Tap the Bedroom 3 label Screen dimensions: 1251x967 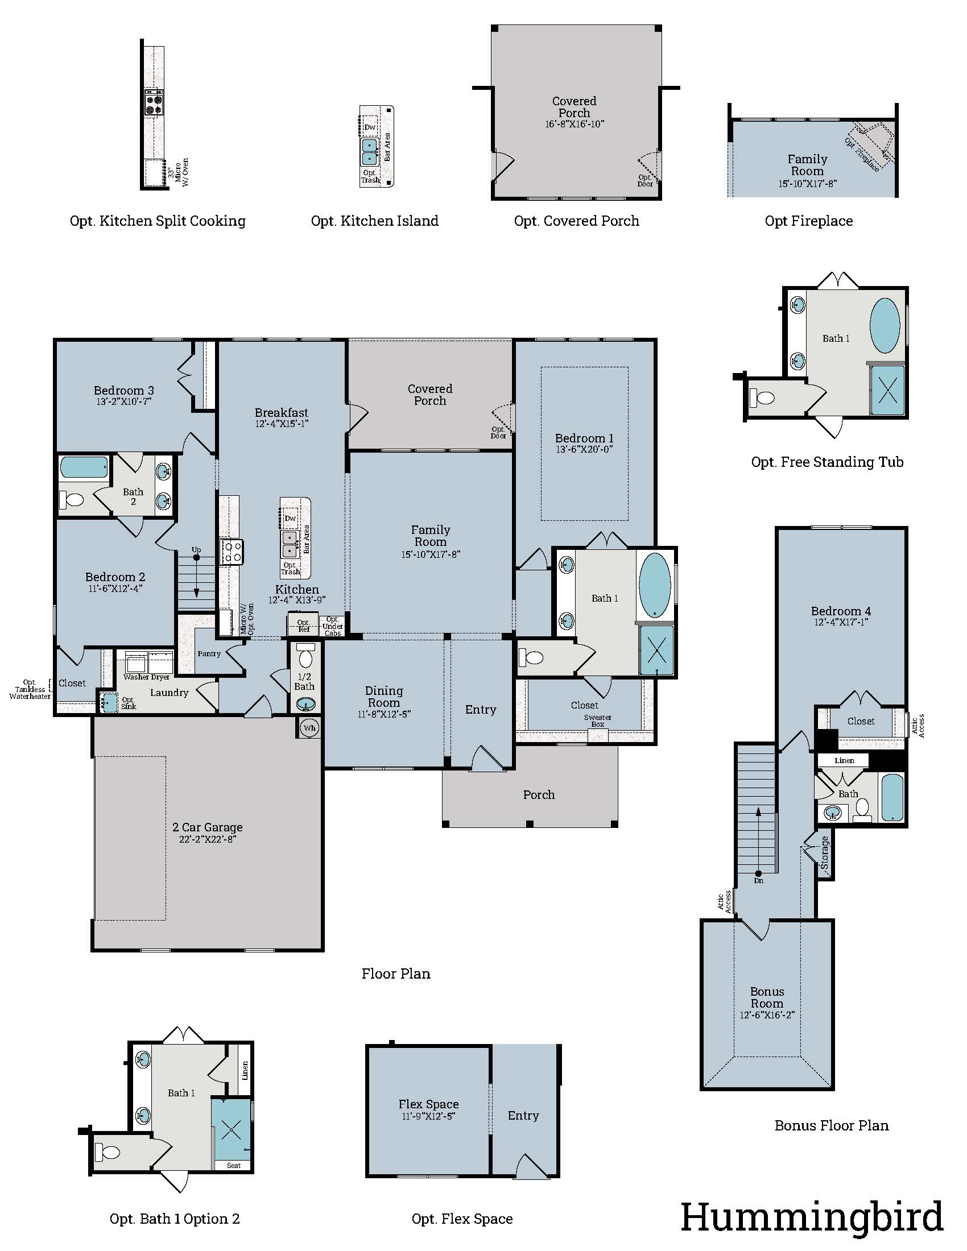[x=124, y=391]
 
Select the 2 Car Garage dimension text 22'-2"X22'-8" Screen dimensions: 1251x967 [x=208, y=839]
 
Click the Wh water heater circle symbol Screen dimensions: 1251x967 [x=309, y=728]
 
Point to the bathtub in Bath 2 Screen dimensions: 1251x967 [x=84, y=467]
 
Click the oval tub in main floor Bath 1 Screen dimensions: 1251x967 [x=654, y=585]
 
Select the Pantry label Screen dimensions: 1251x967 [x=209, y=653]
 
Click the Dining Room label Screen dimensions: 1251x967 [x=384, y=697]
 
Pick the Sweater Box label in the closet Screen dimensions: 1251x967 [x=597, y=720]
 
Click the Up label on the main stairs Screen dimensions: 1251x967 [x=196, y=550]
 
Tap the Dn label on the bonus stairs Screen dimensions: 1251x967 [x=758, y=880]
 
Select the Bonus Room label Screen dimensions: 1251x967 [x=767, y=997]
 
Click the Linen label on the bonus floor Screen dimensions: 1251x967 [x=844, y=761]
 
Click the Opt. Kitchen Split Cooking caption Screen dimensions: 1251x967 [x=158, y=221]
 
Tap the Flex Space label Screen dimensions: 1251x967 [x=428, y=1104]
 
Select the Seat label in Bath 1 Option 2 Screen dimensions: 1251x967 [x=234, y=1165]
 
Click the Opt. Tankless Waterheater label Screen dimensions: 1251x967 [x=30, y=689]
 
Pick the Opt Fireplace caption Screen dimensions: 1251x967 [x=808, y=221]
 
